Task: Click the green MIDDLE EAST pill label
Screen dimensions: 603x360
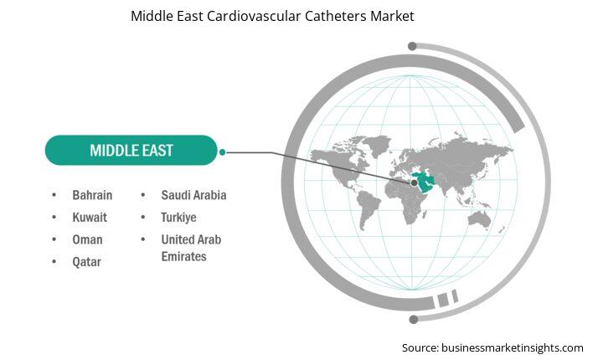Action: [131, 150]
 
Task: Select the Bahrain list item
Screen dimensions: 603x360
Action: [92, 195]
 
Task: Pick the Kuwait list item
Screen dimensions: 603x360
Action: [90, 218]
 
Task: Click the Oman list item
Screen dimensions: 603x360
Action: [87, 239]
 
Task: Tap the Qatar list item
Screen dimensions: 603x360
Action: [86, 262]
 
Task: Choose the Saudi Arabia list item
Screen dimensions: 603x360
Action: [193, 195]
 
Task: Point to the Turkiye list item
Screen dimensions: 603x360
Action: [178, 218]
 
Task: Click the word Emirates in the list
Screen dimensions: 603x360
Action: [183, 256]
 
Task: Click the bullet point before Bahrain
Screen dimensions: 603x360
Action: [54, 195]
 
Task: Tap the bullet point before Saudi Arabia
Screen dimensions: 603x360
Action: [143, 195]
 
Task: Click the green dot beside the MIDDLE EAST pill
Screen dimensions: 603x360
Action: [222, 152]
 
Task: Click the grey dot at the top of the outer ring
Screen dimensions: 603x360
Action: [412, 46]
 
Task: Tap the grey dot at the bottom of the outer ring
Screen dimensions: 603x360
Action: [414, 319]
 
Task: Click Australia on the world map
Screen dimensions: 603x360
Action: [479, 219]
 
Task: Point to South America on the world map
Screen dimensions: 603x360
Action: [368, 209]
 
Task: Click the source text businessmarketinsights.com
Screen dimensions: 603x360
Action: [513, 348]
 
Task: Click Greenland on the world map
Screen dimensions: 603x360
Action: [377, 143]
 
